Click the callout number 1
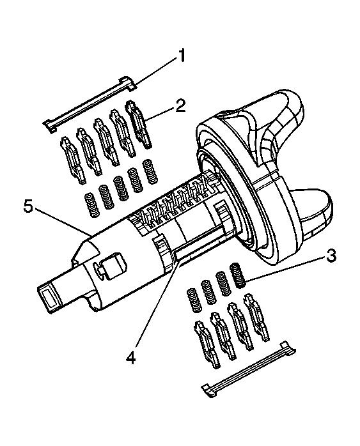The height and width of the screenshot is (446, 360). coord(182,56)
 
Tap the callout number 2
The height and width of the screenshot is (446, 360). coord(181,105)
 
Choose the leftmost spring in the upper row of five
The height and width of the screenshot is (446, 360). coord(91,205)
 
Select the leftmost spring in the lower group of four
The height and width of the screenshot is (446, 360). coord(191,299)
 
